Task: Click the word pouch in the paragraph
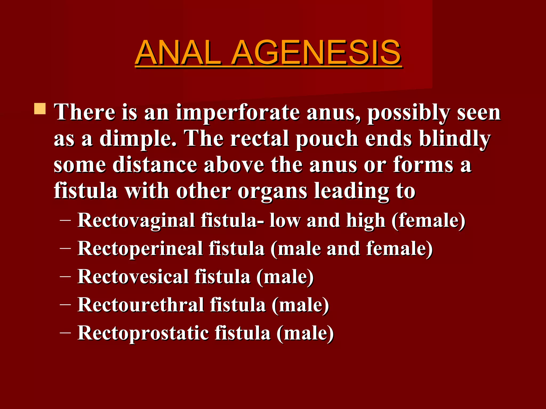[x=327, y=139]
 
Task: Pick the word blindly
[x=455, y=139]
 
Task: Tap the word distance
[x=155, y=165]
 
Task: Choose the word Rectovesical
[x=133, y=277]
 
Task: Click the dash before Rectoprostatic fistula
[x=65, y=333]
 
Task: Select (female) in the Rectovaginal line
[x=428, y=221]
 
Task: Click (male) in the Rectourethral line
[x=300, y=305]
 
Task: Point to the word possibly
[x=409, y=113]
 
